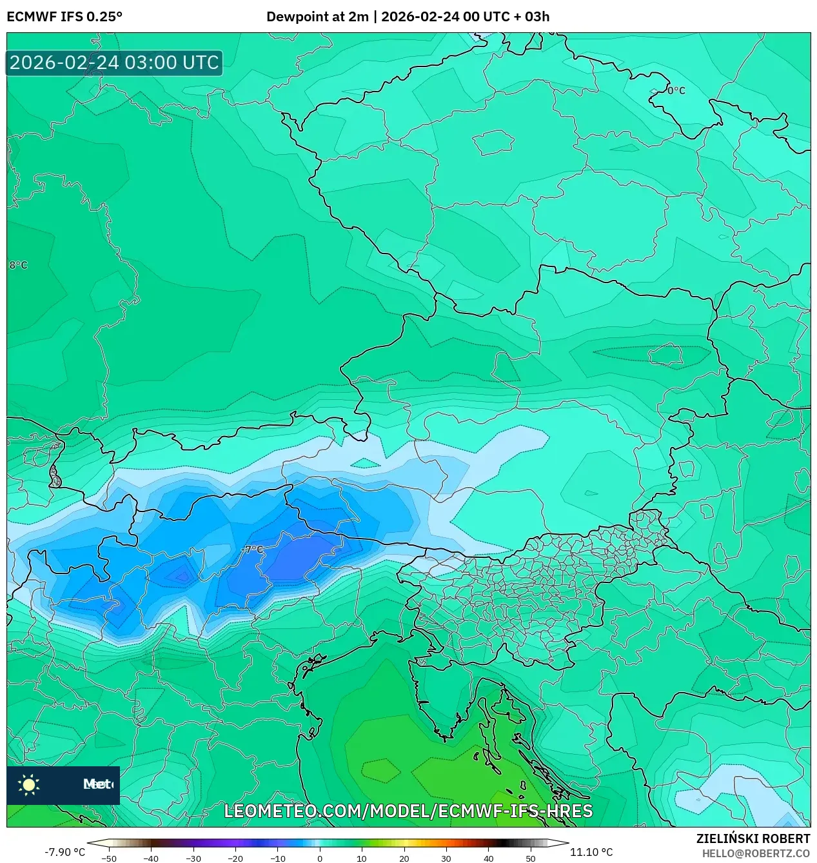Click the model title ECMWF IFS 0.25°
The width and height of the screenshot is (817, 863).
click(64, 17)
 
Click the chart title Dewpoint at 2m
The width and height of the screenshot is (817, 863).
click(317, 17)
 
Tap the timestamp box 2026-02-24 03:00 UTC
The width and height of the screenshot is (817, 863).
click(114, 63)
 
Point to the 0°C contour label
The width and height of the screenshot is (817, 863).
click(676, 91)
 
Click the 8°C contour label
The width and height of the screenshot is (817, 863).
click(18, 265)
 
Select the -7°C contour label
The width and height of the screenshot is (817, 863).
click(253, 550)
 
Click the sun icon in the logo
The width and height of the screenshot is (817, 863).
click(29, 785)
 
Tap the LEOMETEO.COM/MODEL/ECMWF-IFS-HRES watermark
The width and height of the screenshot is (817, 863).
click(408, 811)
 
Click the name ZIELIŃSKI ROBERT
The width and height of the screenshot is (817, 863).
click(753, 838)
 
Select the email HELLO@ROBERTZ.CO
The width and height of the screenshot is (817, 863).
click(756, 853)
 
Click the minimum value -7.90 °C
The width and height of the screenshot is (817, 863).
click(64, 852)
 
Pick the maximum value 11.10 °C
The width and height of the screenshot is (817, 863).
click(591, 852)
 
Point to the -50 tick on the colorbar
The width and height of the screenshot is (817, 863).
click(109, 858)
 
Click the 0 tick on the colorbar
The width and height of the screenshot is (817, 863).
click(320, 858)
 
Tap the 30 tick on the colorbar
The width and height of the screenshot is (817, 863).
click(446, 858)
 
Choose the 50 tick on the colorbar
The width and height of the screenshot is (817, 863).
click(531, 858)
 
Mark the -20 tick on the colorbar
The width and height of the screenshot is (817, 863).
click(235, 858)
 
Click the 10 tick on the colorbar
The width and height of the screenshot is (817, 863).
click(362, 858)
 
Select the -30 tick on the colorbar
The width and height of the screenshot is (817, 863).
click(193, 858)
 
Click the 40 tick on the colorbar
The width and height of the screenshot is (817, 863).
click(488, 858)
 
